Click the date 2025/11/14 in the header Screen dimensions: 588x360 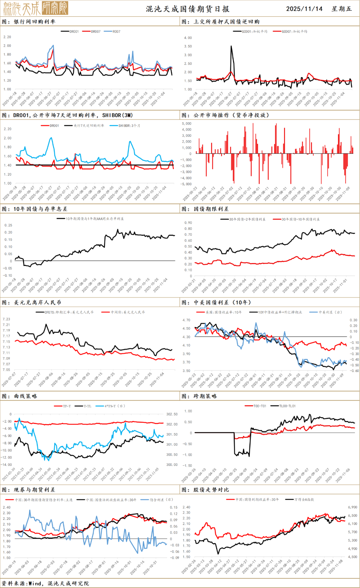coord(304,9)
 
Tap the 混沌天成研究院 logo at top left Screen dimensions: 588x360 coord(36,8)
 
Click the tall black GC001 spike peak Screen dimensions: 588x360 coord(231,47)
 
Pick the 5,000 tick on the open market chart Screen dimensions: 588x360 coord(187,124)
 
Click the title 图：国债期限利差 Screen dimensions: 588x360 coord(205,209)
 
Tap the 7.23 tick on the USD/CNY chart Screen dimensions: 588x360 coord(6,319)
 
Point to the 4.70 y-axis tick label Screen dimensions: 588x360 coord(186,320)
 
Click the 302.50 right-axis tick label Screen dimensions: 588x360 coord(172,414)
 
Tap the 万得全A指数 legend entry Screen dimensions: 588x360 coord(304,499)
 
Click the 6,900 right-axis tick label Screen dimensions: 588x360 coord(353,507)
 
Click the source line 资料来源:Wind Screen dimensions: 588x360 coord(45,583)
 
